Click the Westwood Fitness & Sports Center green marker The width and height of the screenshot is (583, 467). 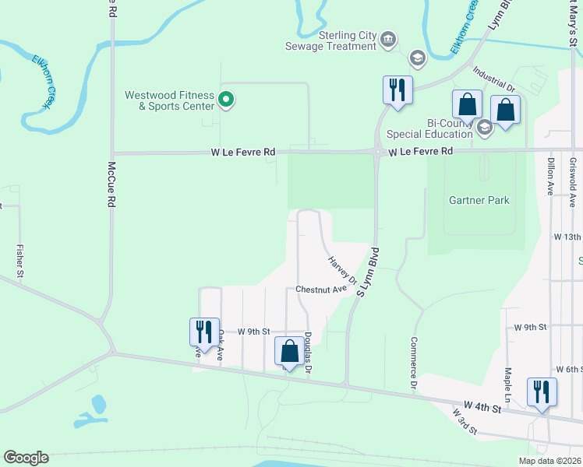pyautogui.click(x=226, y=100)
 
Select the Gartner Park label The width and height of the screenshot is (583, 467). pyautogui.click(x=479, y=200)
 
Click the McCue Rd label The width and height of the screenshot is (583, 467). pyautogui.click(x=111, y=184)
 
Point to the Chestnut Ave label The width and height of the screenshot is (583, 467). pyautogui.click(x=320, y=290)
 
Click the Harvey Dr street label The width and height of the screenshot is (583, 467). pyautogui.click(x=342, y=270)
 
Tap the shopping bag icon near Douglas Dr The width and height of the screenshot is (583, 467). pyautogui.click(x=290, y=352)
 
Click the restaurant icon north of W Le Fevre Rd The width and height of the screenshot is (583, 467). pyautogui.click(x=397, y=90)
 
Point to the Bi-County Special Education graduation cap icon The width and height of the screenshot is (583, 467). pyautogui.click(x=485, y=128)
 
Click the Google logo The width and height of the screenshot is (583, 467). pyautogui.click(x=26, y=458)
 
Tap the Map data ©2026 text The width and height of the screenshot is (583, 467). pyautogui.click(x=549, y=461)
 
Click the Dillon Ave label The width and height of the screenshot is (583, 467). pyautogui.click(x=549, y=176)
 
